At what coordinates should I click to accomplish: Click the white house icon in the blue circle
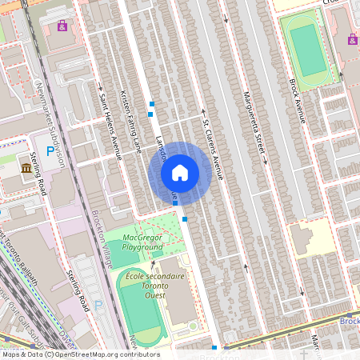pyautogui.click(x=180, y=172)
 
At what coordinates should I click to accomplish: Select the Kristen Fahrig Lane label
pyautogui.click(x=130, y=120)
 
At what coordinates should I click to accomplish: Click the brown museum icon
pyautogui.click(x=27, y=168)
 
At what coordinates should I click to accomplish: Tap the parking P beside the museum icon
pyautogui.click(x=50, y=150)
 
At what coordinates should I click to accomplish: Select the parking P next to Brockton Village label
pyautogui.click(x=98, y=304)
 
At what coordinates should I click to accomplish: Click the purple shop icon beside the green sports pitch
pyautogui.click(x=352, y=38)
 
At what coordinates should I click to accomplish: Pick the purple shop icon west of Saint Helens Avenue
pyautogui.click(x=62, y=26)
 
